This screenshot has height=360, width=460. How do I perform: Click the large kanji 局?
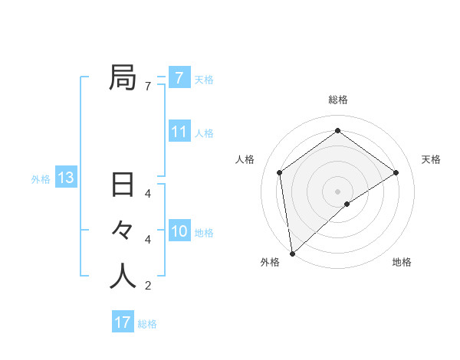123,77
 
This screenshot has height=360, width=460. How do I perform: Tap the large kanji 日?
123,185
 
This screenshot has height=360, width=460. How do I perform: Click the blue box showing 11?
179,132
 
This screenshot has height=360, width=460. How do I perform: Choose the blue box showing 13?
66,178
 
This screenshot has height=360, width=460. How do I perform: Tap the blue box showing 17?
123,322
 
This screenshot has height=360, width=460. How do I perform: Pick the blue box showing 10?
179,231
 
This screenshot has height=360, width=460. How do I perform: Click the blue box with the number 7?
179,77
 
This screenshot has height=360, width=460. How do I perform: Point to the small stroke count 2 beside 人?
147,286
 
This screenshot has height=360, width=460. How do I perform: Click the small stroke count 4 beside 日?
147,193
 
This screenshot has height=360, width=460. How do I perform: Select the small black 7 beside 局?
147,86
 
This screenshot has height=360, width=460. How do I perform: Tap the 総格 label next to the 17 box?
147,324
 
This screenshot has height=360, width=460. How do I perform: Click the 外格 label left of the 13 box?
41,179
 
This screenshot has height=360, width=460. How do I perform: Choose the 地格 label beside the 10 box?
204,233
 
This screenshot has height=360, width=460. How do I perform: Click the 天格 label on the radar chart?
431,159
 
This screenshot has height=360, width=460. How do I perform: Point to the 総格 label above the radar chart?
337,100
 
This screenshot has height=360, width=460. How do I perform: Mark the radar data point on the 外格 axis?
292,253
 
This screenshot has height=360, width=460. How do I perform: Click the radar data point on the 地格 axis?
347,204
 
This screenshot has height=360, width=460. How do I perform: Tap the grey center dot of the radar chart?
337,191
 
